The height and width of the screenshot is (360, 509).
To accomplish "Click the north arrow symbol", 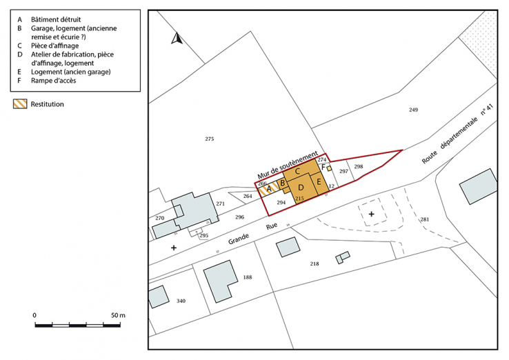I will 176,39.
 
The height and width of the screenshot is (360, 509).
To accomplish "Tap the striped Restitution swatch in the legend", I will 20,104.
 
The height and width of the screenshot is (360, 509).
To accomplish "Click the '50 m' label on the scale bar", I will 118,315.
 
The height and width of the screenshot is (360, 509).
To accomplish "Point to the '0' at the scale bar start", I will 34,315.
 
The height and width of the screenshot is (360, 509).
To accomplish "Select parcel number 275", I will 210,139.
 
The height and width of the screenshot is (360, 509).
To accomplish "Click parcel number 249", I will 413,110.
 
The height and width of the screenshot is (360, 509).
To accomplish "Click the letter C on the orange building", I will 297,170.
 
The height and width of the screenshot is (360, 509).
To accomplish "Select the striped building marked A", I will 268,186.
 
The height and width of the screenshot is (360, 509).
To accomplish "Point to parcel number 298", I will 358,167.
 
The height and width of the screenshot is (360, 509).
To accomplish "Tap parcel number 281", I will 424,220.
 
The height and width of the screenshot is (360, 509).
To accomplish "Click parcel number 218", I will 315,264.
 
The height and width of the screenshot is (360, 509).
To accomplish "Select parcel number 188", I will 248,277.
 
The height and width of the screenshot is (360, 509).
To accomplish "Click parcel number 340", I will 181,301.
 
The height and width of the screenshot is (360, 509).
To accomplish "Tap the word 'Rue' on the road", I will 266,224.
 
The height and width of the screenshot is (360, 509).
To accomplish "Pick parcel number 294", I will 281,203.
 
